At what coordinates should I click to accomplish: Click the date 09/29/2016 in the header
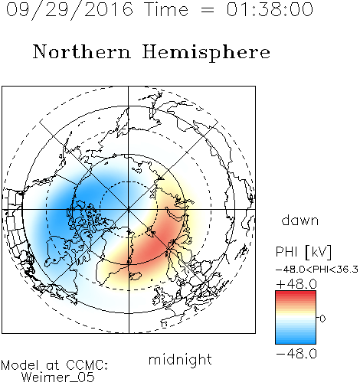[x=70, y=9]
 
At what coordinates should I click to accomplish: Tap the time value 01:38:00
[x=270, y=9]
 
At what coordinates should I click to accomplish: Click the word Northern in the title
[x=82, y=51]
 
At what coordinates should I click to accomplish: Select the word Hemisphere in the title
[x=206, y=52]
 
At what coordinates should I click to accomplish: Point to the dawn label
[x=300, y=220]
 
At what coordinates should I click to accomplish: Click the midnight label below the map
[x=180, y=359]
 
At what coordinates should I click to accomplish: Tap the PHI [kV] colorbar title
[x=303, y=252]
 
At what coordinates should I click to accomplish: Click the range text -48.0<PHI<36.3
[x=317, y=270]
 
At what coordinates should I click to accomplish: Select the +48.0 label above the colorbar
[x=296, y=284]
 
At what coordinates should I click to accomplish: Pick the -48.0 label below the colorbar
[x=296, y=354]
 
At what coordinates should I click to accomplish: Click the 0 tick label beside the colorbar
[x=322, y=319]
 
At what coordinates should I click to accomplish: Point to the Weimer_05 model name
[x=58, y=378]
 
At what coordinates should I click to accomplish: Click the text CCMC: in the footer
[x=87, y=365]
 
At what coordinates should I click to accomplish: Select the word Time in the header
[x=166, y=9]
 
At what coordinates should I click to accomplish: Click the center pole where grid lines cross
[x=129, y=209]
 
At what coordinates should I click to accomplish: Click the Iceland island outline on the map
[x=136, y=276]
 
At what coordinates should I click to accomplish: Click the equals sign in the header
[x=208, y=10]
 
